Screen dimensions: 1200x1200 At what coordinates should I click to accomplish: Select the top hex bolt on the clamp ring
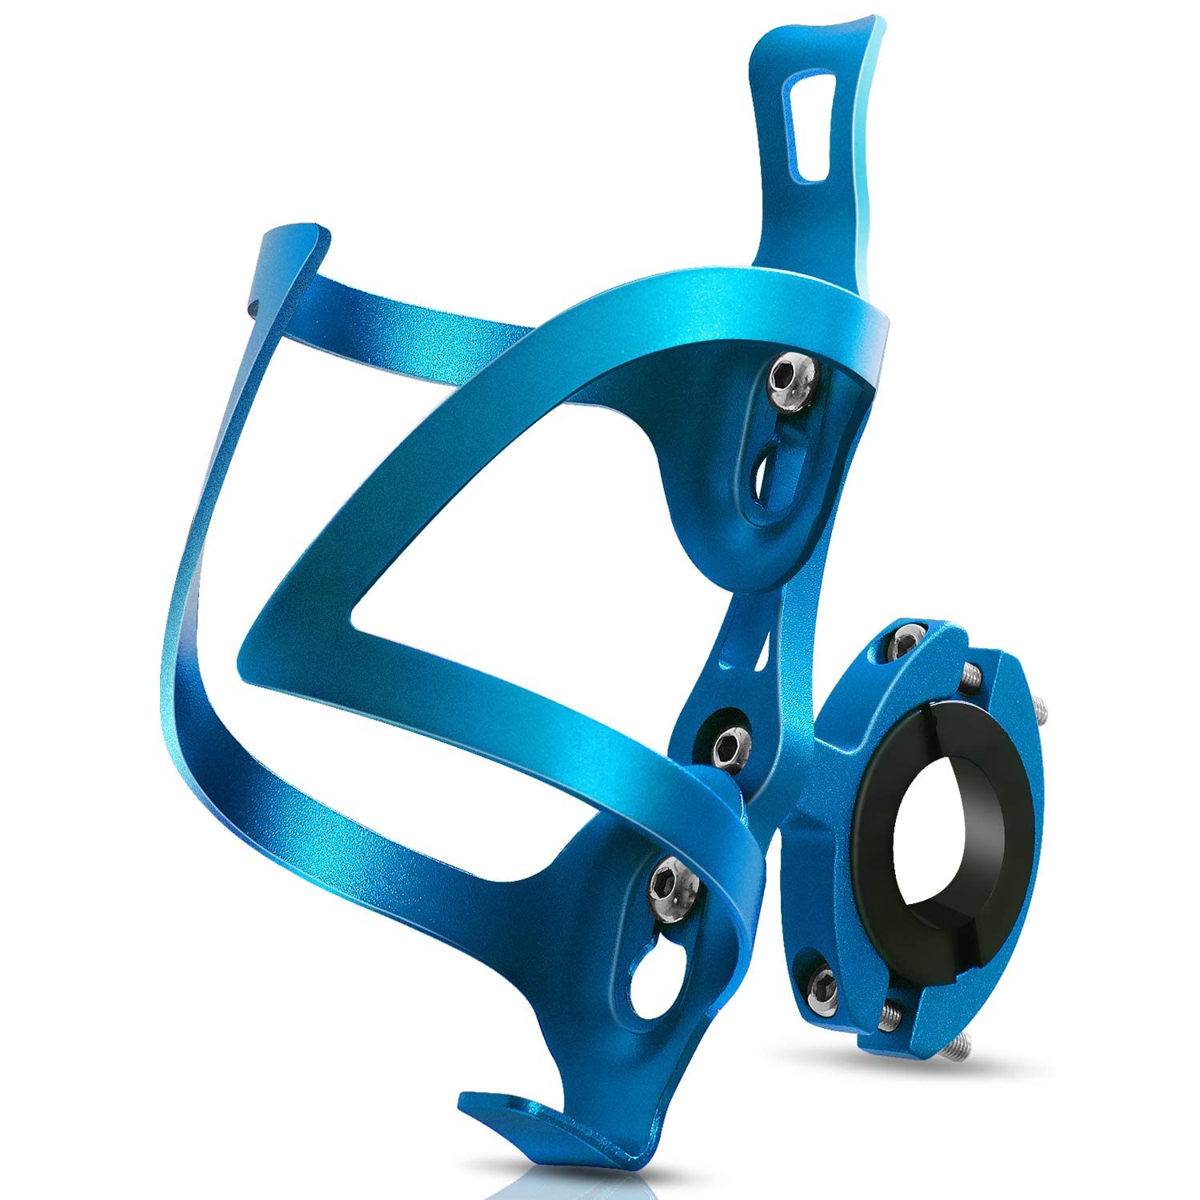(904, 640)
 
